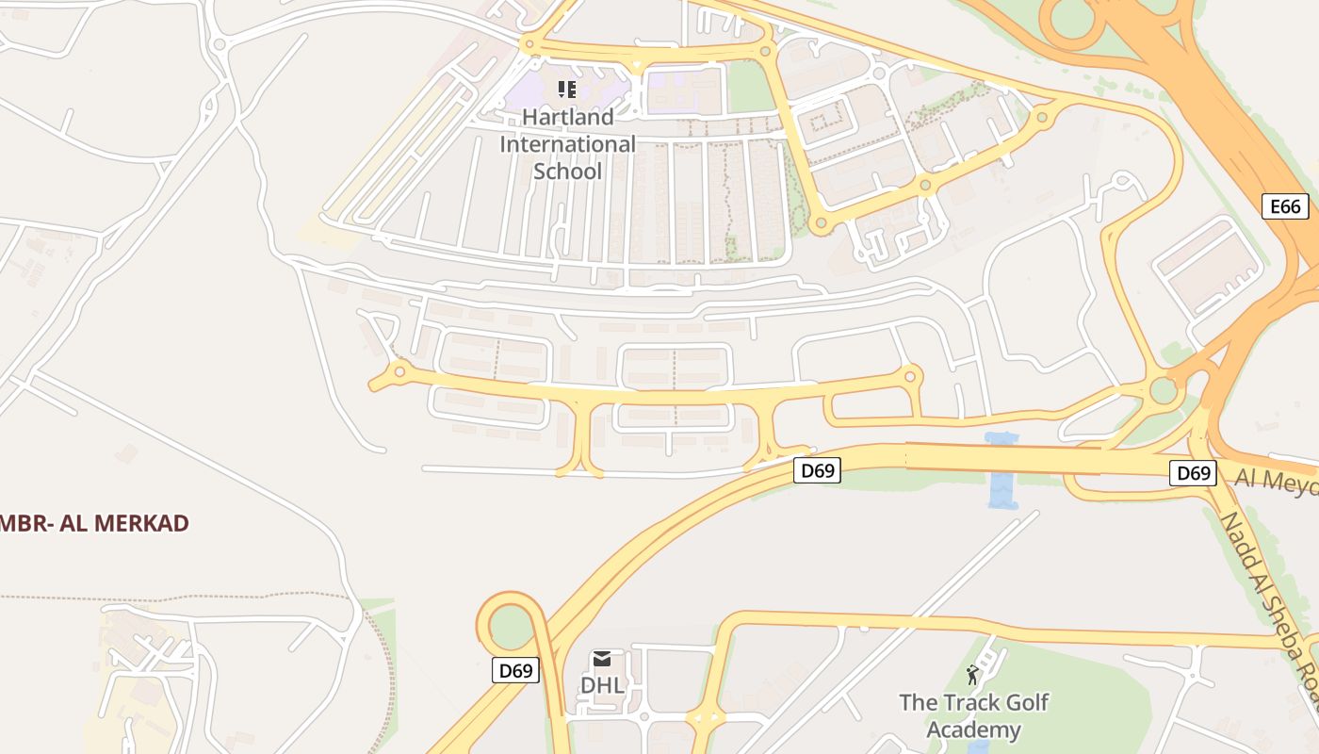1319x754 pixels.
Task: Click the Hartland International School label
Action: pyautogui.click(x=567, y=144)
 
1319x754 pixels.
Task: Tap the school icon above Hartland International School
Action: pyautogui.click(x=567, y=90)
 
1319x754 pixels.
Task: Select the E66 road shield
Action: pyautogui.click(x=1285, y=206)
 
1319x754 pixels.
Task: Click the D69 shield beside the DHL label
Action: pyautogui.click(x=515, y=671)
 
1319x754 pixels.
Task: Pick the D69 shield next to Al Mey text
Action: pyautogui.click(x=1192, y=472)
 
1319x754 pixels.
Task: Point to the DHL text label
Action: pyautogui.click(x=602, y=685)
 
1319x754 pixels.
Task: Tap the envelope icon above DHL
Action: pyautogui.click(x=602, y=658)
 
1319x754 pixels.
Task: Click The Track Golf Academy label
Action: pyautogui.click(x=973, y=715)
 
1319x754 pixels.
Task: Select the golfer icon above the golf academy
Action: pyautogui.click(x=972, y=675)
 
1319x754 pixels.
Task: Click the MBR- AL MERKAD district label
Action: pyautogui.click(x=94, y=523)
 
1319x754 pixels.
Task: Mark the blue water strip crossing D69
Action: pyautogui.click(x=1001, y=471)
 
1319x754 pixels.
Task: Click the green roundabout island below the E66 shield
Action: pyautogui.click(x=1164, y=389)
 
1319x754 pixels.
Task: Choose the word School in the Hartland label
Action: pyautogui.click(x=567, y=172)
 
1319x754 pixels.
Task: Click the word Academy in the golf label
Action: pyautogui.click(x=973, y=729)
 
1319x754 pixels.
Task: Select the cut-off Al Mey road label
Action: pyautogui.click(x=1276, y=480)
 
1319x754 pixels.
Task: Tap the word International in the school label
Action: pyautogui.click(x=567, y=144)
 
